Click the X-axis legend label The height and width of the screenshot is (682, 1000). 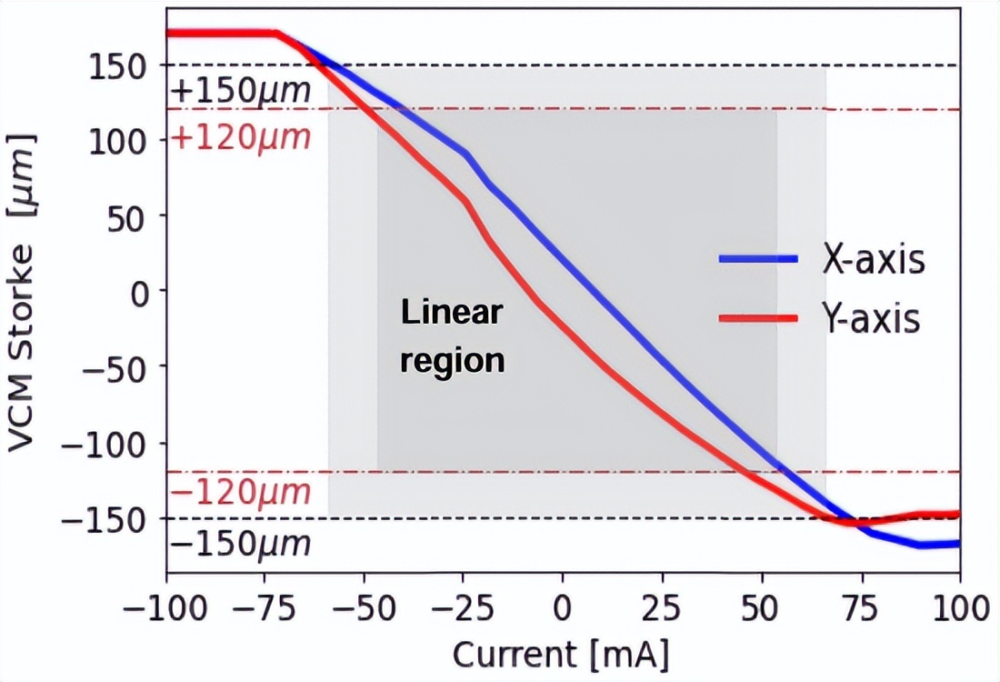tap(874, 260)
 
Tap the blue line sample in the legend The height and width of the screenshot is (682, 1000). tap(758, 260)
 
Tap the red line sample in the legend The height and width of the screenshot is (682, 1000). tap(758, 319)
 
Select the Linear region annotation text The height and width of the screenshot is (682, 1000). tap(452, 337)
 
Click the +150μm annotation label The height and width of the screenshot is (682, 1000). tap(241, 91)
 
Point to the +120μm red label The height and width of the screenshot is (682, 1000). tap(241, 138)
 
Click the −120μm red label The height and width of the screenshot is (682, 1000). tap(241, 494)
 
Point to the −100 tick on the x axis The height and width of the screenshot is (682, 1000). tap(166, 607)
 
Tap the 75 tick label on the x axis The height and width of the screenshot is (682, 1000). tap(860, 607)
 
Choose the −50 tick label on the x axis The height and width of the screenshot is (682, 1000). tap(364, 607)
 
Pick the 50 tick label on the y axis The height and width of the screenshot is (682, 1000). tap(134, 216)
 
